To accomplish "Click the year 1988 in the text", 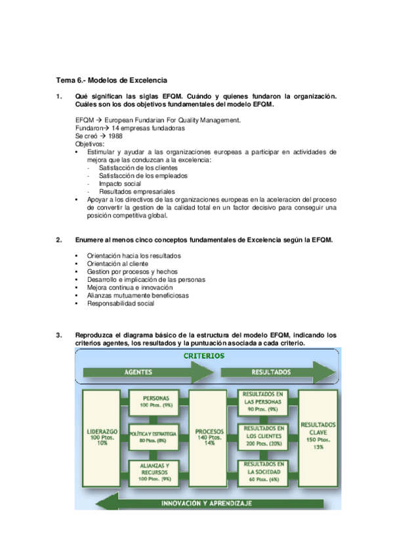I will (x=115, y=136).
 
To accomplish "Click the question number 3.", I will (x=58, y=336).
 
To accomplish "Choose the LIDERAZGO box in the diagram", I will (x=101, y=437).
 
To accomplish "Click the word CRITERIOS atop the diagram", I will (x=203, y=356).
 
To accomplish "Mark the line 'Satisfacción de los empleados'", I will (x=143, y=176).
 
